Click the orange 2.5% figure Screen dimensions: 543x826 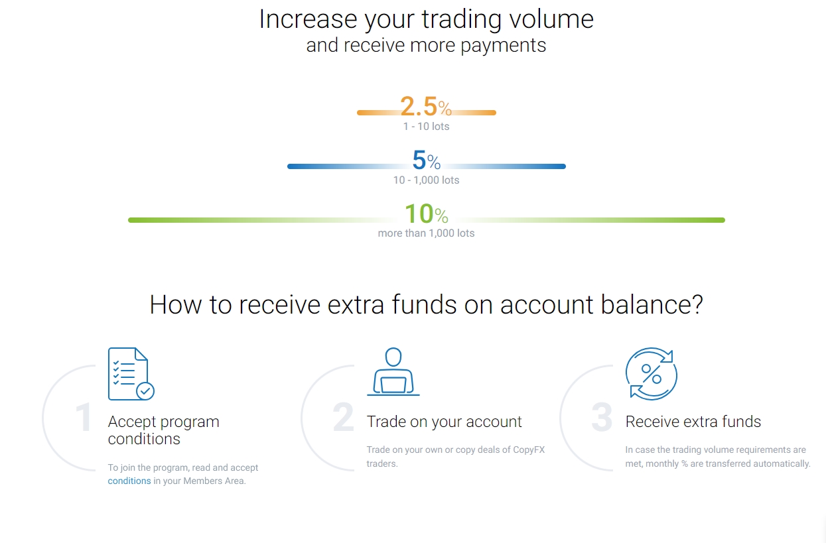click(x=425, y=107)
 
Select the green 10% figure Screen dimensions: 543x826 click(x=426, y=214)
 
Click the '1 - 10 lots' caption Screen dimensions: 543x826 click(x=426, y=127)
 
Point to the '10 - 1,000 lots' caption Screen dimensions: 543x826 click(x=426, y=180)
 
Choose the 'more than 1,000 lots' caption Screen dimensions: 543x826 click(x=426, y=233)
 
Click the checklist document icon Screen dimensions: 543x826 click(x=131, y=373)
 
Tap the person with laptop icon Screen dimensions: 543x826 click(x=393, y=372)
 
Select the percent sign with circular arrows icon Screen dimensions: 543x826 click(x=652, y=373)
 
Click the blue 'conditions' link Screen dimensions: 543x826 click(x=129, y=481)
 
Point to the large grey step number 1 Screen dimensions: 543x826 click(x=84, y=418)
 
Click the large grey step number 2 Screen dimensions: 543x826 click(x=343, y=418)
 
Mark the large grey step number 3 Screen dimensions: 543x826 click(x=602, y=418)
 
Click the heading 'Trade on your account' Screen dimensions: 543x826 click(x=444, y=422)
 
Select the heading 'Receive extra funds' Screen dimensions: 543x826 click(x=693, y=422)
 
